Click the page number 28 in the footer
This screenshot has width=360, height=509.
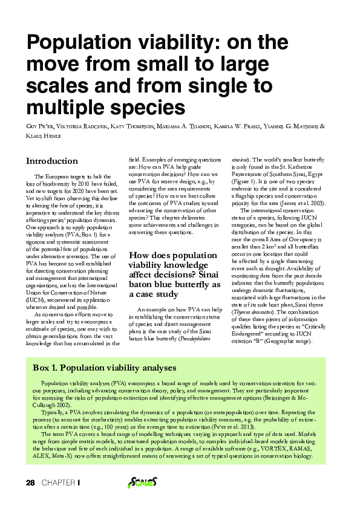tap(30, 482)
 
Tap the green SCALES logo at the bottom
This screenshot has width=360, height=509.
tap(143, 482)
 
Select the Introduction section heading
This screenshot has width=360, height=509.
tap(51, 161)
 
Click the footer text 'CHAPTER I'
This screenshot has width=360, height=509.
tap(61, 482)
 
